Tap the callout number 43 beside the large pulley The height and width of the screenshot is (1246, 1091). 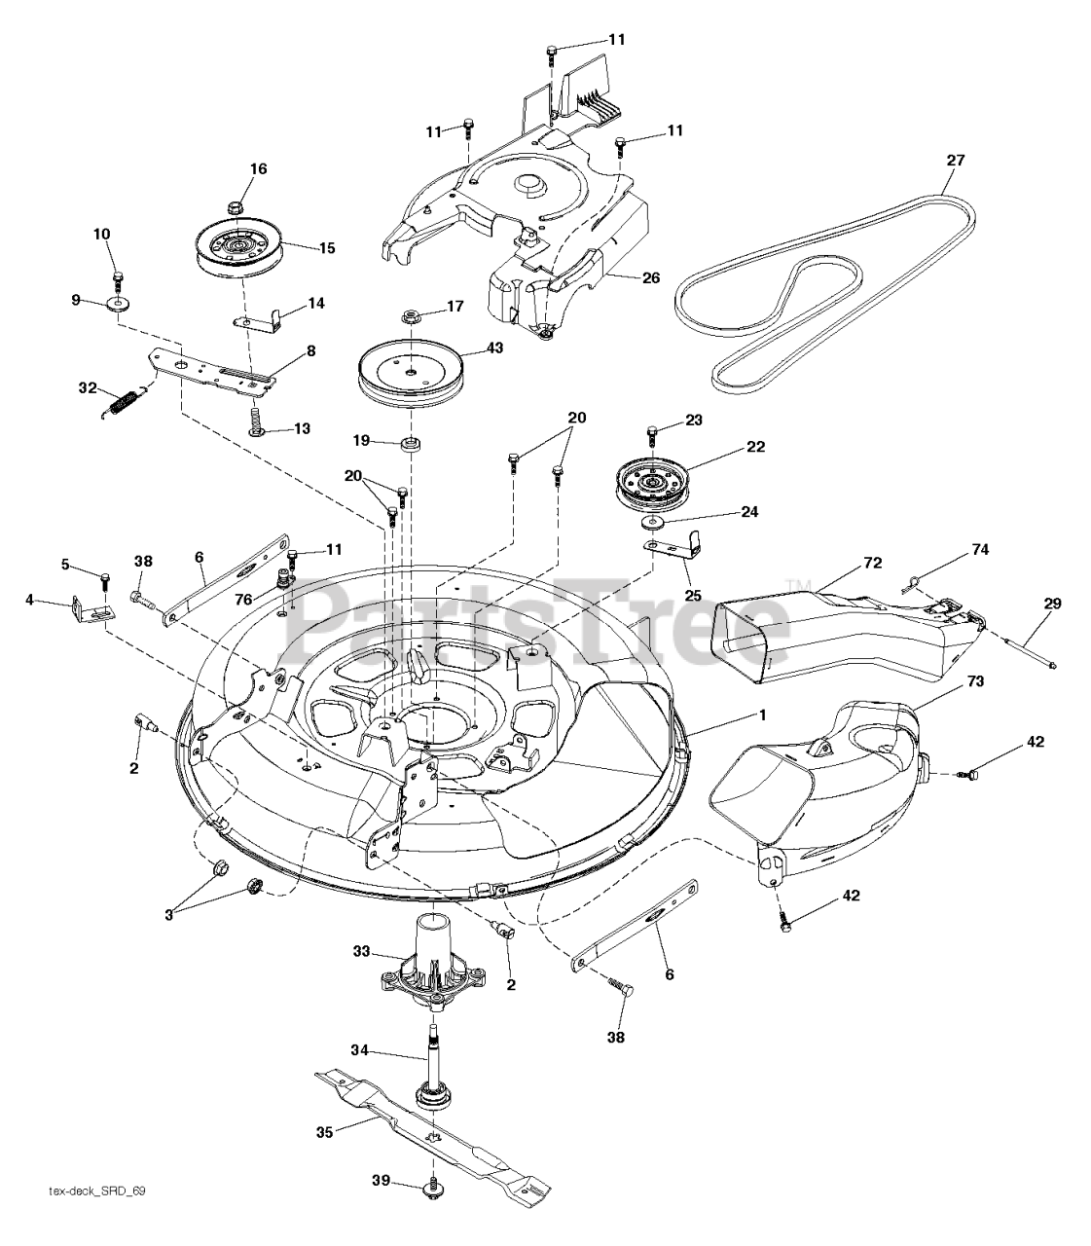pyautogui.click(x=494, y=348)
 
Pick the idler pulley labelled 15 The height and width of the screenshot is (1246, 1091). pyautogui.click(x=238, y=248)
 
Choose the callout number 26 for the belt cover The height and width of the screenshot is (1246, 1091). pyautogui.click(x=651, y=277)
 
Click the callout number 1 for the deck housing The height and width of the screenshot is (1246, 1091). pyautogui.click(x=763, y=715)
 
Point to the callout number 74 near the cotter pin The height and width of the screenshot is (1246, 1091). pyautogui.click(x=979, y=550)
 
